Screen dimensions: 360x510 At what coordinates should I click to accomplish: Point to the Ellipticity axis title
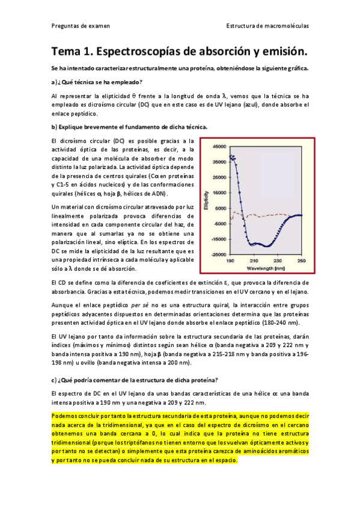pyautogui.click(x=206, y=199)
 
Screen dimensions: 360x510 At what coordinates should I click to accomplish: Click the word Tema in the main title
pyautogui.click(x=69, y=51)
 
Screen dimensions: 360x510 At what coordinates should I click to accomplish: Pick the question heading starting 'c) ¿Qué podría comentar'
pyautogui.click(x=135, y=379)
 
